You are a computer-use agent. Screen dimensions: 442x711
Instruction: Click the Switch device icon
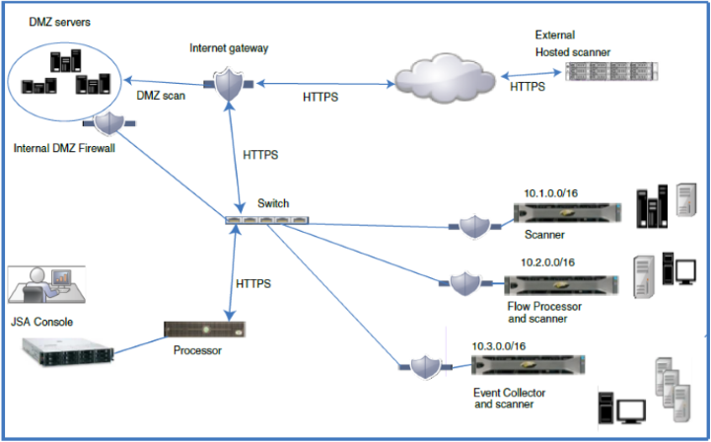258,219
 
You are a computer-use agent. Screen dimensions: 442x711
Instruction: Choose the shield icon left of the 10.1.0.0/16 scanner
470,227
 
